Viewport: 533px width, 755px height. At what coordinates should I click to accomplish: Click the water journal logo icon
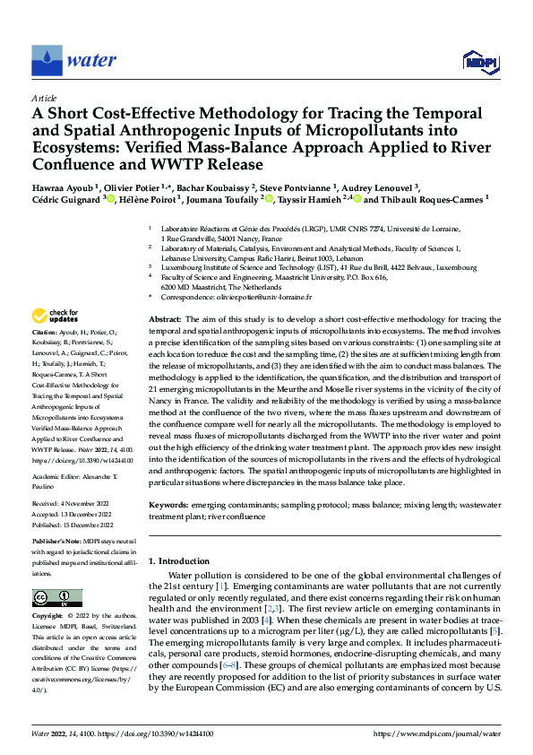click(x=47, y=60)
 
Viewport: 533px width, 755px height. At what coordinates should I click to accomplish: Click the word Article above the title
click(x=44, y=98)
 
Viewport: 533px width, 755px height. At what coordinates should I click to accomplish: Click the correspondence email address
click(x=269, y=296)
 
